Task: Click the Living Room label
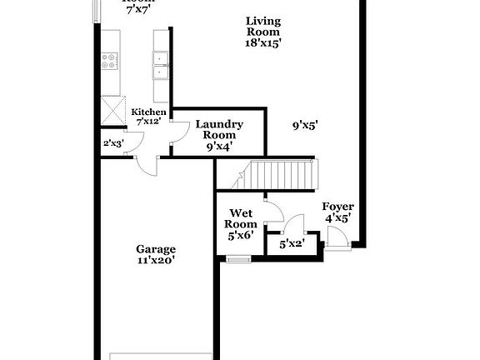pos(262,26)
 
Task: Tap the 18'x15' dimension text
pos(262,43)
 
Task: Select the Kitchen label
pos(147,112)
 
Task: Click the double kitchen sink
pos(161,63)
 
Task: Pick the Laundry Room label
pos(219,129)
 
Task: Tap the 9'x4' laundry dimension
pos(219,146)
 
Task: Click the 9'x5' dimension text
pos(306,126)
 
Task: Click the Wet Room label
pos(240,217)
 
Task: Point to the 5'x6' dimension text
pos(240,235)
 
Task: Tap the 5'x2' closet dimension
pos(292,244)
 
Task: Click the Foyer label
pos(337,207)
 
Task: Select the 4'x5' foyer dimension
pos(337,218)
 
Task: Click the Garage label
pos(156,247)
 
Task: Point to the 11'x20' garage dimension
pos(156,259)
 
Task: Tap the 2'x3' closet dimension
pos(112,142)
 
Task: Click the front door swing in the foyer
pos(337,238)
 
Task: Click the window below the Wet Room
pos(239,260)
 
